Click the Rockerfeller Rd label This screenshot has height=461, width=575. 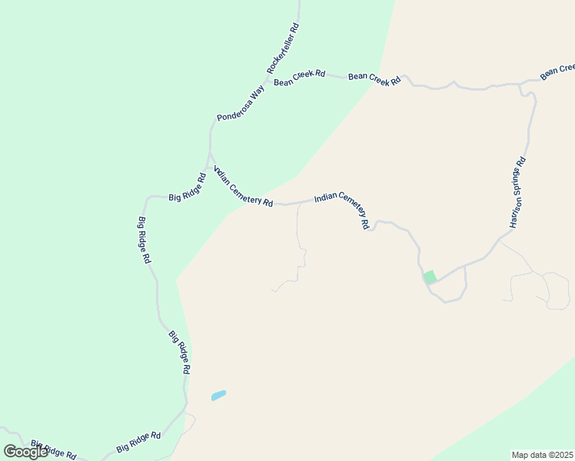coord(283,48)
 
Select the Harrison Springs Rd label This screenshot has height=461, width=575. coord(517,193)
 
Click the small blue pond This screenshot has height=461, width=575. coord(218,396)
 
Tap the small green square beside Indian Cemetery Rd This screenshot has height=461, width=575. coord(430,277)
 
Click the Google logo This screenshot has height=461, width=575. coord(26,452)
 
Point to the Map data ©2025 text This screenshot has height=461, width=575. coord(543,455)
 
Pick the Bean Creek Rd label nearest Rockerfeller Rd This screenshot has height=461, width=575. coord(299,78)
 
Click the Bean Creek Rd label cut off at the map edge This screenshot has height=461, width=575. coord(557,72)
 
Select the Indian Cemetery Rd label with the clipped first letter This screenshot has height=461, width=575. coord(243,187)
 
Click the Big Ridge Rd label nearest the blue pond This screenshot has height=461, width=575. coord(179,352)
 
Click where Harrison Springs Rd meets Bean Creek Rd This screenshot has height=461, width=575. coord(522,82)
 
